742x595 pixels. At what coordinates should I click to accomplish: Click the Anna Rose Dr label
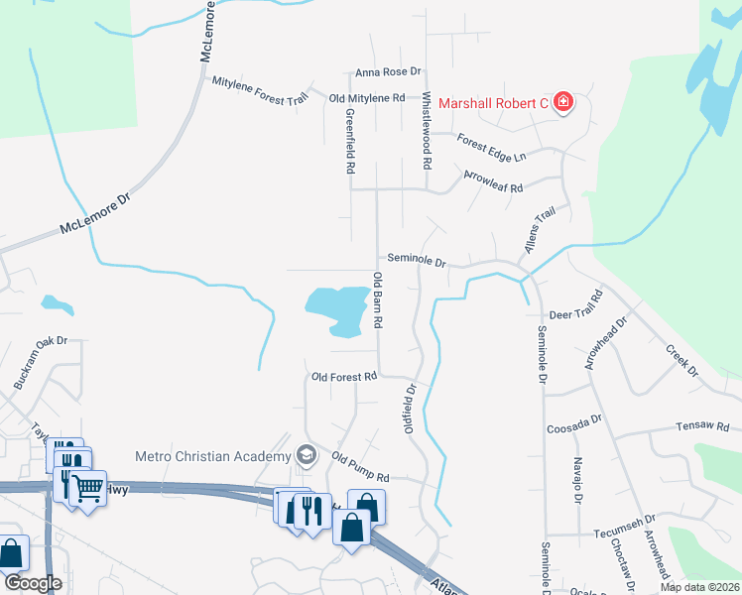click(389, 72)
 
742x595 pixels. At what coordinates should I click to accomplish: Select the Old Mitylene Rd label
click(367, 98)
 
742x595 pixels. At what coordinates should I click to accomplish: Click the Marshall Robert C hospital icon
click(563, 102)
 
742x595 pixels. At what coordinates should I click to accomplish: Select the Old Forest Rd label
click(344, 377)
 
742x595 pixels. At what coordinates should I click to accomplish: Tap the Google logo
click(33, 583)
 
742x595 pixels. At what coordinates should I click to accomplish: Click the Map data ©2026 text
click(698, 587)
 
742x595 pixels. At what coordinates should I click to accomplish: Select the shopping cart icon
click(88, 489)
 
